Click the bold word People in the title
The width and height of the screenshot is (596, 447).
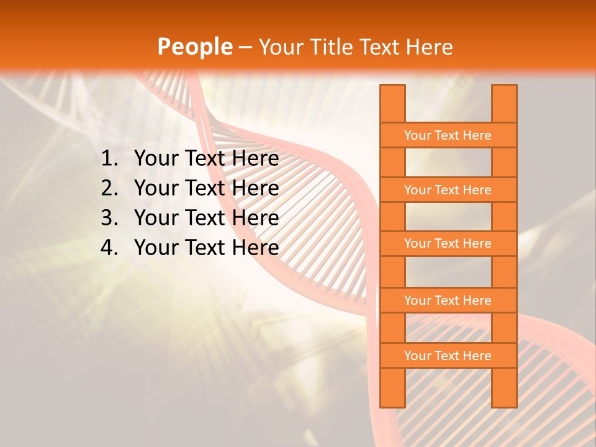pyautogui.click(x=194, y=47)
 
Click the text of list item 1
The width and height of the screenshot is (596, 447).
pyautogui.click(x=206, y=159)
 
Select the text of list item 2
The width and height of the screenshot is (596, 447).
pyautogui.click(x=206, y=188)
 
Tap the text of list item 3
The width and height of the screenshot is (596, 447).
pyautogui.click(x=206, y=218)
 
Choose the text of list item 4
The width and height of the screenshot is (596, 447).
pyautogui.click(x=206, y=248)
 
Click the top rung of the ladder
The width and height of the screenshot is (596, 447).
pyautogui.click(x=448, y=135)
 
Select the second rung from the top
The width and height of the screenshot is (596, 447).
pyautogui.click(x=448, y=190)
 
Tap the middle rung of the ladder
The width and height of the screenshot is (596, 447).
pyautogui.click(x=448, y=243)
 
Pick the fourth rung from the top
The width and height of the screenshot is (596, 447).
pyautogui.click(x=448, y=300)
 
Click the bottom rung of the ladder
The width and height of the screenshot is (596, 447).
pyautogui.click(x=448, y=356)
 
